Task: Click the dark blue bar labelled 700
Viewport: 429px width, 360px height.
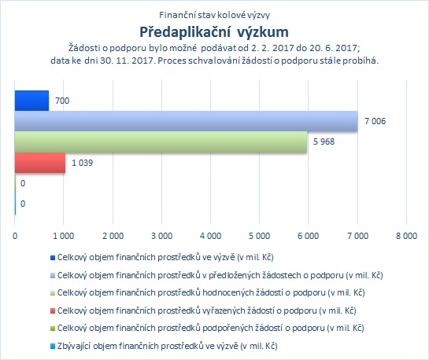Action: (31, 101)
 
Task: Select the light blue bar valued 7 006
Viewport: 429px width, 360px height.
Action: (187, 121)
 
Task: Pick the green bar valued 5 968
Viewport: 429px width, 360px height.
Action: (161, 141)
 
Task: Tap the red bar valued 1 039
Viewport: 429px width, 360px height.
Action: (40, 163)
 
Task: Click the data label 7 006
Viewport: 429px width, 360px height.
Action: (375, 121)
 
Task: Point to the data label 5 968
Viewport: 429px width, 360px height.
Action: (324, 141)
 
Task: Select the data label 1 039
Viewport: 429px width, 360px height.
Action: (82, 163)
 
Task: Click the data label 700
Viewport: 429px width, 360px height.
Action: (62, 101)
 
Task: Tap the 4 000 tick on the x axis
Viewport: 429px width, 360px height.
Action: (210, 236)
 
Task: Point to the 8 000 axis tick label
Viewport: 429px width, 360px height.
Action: (406, 236)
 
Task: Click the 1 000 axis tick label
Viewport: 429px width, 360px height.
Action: (64, 236)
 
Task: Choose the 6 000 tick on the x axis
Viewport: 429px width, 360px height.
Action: (309, 236)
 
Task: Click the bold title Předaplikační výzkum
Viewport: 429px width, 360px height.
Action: (214, 32)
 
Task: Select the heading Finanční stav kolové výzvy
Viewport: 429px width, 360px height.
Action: (214, 15)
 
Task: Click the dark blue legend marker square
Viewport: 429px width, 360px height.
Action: (53, 258)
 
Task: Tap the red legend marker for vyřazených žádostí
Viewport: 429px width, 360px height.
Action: (53, 310)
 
